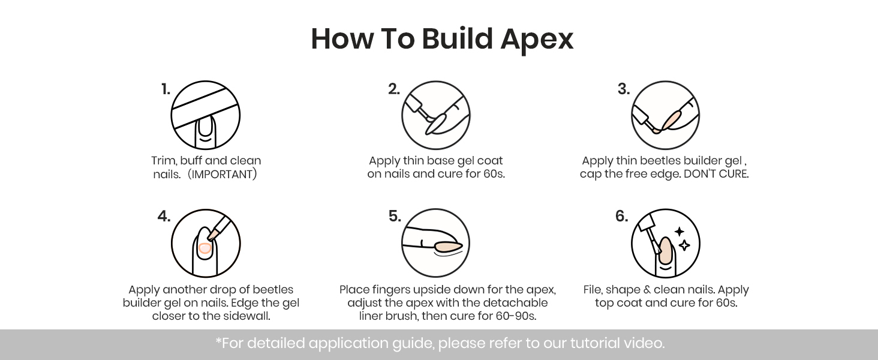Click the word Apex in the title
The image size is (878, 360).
coord(537,40)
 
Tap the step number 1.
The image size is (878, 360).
coord(166,89)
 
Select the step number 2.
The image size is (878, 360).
coord(394,89)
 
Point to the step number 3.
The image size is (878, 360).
coord(624,89)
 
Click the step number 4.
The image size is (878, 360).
coord(164,216)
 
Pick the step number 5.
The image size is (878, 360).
coord(395,216)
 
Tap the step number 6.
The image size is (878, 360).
coord(621,216)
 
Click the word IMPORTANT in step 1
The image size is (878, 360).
coord(222,174)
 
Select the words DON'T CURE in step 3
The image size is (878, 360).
coord(715,174)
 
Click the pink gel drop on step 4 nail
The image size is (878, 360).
coord(205,248)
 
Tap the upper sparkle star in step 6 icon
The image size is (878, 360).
coord(679,232)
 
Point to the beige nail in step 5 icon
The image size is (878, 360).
coord(447,246)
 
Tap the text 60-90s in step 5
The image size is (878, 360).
coord(515,316)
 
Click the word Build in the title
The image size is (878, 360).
coord(457,39)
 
